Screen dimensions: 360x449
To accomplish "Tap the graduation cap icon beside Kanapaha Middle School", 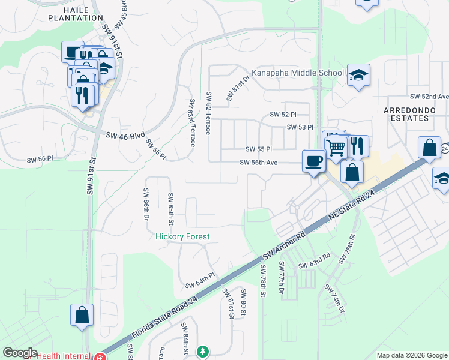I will point(358,75).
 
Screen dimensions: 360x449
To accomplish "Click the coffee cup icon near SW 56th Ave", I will point(314,161).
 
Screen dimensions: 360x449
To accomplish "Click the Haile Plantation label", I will point(76,13).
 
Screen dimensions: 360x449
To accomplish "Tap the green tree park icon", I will point(203,351).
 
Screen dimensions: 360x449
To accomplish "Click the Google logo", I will point(19,353).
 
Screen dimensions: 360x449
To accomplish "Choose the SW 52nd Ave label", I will point(429,97).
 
